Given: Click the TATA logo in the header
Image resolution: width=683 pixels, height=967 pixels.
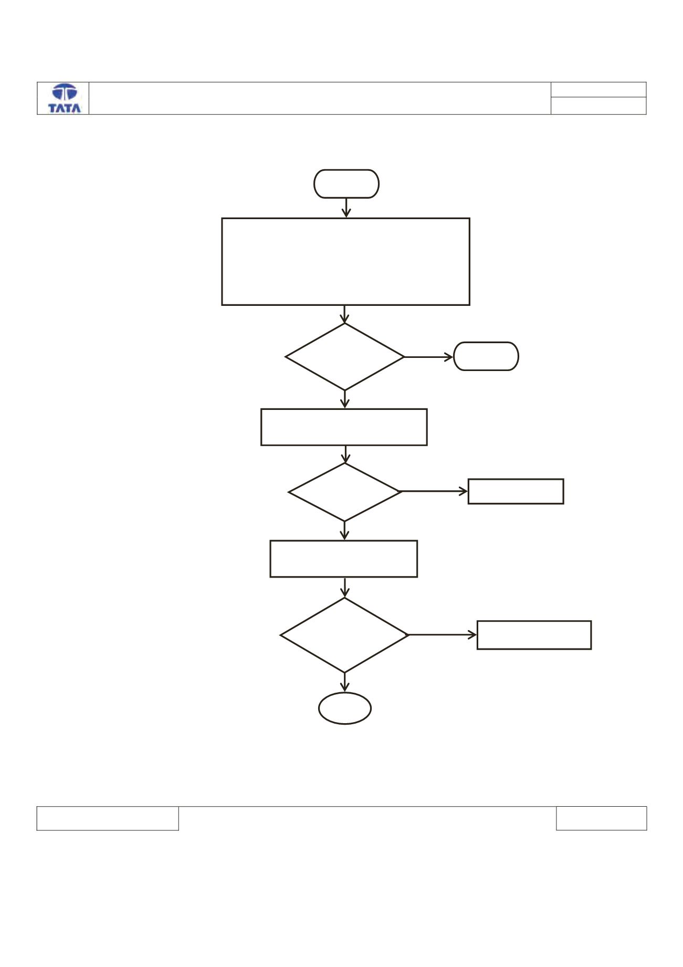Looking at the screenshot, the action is pos(65,98).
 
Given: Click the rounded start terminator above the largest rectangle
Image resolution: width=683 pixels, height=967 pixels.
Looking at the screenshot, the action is pos(346,170).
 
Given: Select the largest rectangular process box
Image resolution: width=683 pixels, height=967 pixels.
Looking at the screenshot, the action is pos(345,218).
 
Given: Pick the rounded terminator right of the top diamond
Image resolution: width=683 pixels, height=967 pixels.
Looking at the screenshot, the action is pos(486,343).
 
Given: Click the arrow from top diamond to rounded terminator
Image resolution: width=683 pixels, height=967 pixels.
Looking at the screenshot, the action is pos(428,357).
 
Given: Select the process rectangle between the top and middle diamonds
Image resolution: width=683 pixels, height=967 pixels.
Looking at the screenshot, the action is pos(344,409).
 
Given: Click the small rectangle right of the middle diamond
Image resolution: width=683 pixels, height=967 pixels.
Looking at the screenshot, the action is pos(516,479).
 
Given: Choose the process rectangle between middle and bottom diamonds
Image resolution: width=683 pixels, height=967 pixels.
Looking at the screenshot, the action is pos(344,541).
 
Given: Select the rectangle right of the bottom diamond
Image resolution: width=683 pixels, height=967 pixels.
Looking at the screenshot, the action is pos(534,621).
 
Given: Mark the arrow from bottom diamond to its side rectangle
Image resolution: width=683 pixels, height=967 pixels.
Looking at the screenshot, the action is pos(443,635).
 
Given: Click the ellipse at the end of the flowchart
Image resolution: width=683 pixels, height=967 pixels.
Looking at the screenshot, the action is pos(345,693).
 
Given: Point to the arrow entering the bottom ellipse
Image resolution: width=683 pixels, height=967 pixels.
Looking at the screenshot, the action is pos(345,682).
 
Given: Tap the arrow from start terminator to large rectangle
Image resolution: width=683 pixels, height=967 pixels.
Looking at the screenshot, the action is pos(346,208).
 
